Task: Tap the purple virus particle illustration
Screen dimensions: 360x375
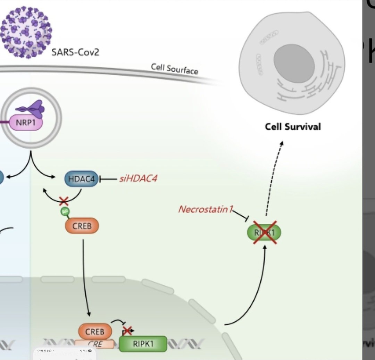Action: click(26, 32)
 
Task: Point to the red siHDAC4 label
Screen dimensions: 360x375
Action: click(136, 179)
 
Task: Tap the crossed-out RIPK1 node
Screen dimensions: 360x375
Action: click(264, 233)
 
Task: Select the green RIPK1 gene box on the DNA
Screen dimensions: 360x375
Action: click(143, 343)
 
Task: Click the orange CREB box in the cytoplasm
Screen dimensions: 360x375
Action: click(82, 226)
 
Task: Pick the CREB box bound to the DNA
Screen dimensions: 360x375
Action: click(95, 332)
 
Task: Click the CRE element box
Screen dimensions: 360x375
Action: click(95, 344)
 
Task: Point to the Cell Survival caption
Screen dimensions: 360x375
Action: click(293, 127)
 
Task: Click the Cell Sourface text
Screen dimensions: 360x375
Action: click(175, 69)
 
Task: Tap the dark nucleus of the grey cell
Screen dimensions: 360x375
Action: click(294, 64)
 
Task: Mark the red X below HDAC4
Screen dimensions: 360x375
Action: click(64, 200)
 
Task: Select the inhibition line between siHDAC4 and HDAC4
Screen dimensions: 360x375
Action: click(108, 179)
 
